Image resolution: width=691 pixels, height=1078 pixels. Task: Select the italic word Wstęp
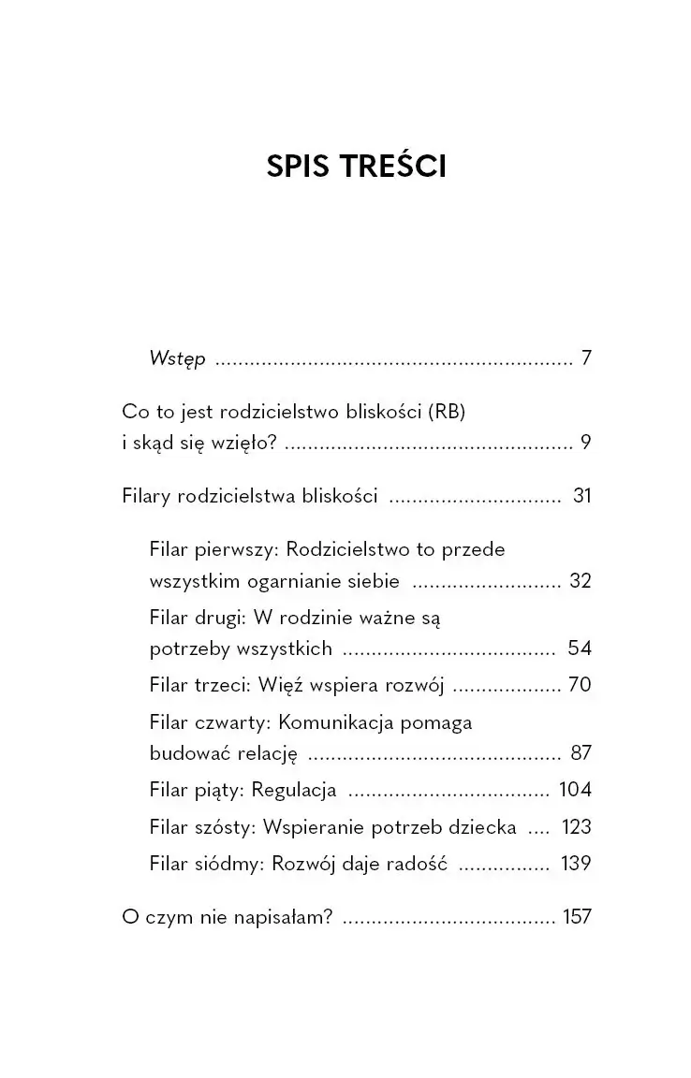[x=177, y=359]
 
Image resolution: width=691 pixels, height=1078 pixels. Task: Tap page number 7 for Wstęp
[x=586, y=358]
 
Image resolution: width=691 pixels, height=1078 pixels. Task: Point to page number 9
[x=586, y=443]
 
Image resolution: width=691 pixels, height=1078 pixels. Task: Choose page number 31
[x=581, y=496]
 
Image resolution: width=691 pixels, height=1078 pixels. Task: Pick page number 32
[x=580, y=581]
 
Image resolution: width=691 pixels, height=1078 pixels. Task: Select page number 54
[x=580, y=648]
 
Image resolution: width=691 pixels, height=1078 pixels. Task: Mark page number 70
[x=580, y=685]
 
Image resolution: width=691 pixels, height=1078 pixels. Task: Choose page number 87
[x=580, y=753]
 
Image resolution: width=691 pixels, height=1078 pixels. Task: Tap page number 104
[x=575, y=790]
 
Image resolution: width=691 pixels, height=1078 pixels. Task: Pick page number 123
[x=576, y=827]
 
